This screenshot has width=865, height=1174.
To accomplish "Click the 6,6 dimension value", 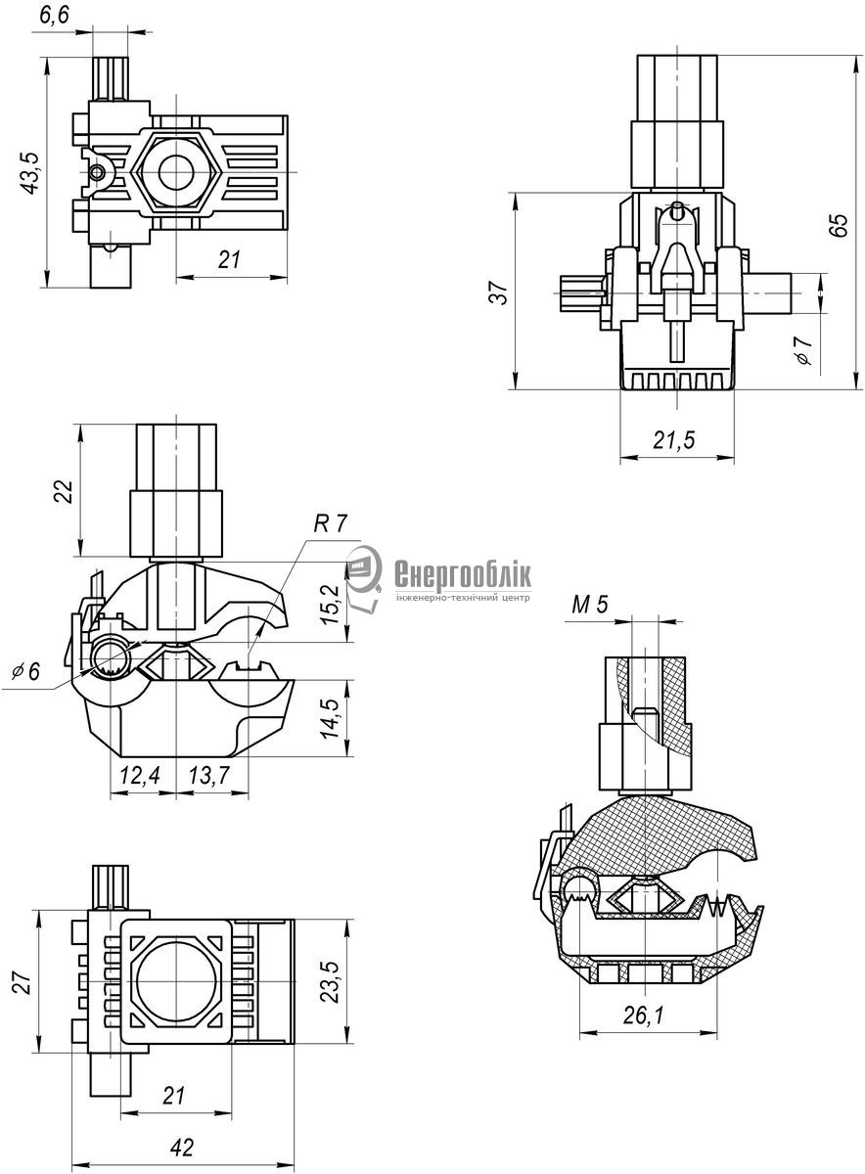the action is click(54, 16).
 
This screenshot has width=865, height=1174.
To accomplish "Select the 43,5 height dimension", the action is click(30, 173).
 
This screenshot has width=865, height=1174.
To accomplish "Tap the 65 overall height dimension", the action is click(840, 224).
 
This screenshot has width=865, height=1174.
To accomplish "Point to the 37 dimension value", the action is click(500, 293).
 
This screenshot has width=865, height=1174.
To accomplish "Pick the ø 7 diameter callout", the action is click(803, 350).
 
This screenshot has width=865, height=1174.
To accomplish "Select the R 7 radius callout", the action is click(330, 523).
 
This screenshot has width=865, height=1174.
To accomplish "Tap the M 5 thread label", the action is click(590, 605).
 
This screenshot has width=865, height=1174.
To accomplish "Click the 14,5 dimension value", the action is click(332, 717).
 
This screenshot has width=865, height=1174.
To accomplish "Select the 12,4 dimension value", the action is click(140, 776).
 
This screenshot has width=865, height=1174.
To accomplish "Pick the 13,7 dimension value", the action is click(209, 776).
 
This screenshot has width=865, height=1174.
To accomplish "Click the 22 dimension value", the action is click(63, 491).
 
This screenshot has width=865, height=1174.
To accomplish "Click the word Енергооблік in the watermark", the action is click(463, 575).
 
